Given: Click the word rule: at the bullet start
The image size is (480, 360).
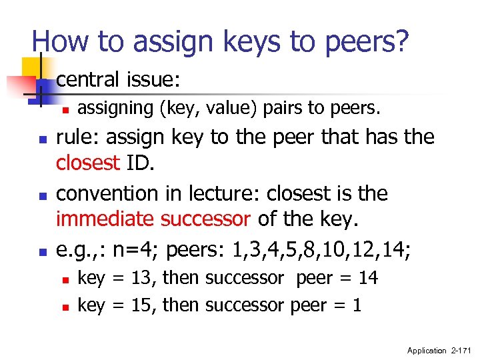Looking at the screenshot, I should click(78, 137).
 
